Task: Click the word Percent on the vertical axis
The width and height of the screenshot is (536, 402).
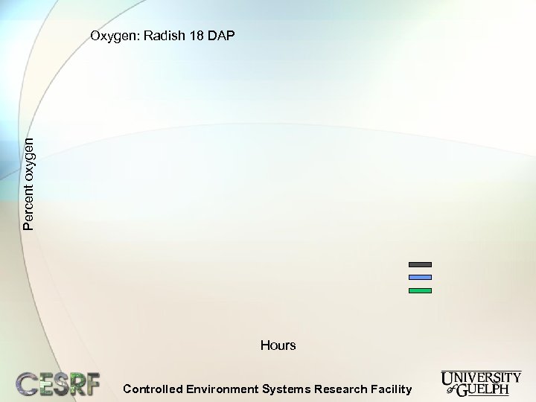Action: (x=28, y=204)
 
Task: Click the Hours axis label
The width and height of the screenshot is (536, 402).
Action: (x=278, y=345)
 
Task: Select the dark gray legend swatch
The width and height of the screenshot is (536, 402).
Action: (x=420, y=264)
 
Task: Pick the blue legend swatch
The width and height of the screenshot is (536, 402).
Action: (x=420, y=277)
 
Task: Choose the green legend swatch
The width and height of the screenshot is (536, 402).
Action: (x=420, y=290)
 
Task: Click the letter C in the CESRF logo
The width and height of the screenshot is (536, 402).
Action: (x=28, y=383)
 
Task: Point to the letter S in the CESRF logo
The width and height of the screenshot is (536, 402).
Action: (x=59, y=383)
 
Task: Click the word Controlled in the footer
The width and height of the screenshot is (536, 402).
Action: (x=152, y=389)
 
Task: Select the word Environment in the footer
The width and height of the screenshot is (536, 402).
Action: (x=222, y=389)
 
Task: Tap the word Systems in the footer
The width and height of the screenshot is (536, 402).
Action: (x=287, y=389)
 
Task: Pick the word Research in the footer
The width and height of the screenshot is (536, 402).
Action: (x=341, y=389)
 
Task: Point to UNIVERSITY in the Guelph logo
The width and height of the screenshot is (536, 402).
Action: (x=481, y=377)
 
